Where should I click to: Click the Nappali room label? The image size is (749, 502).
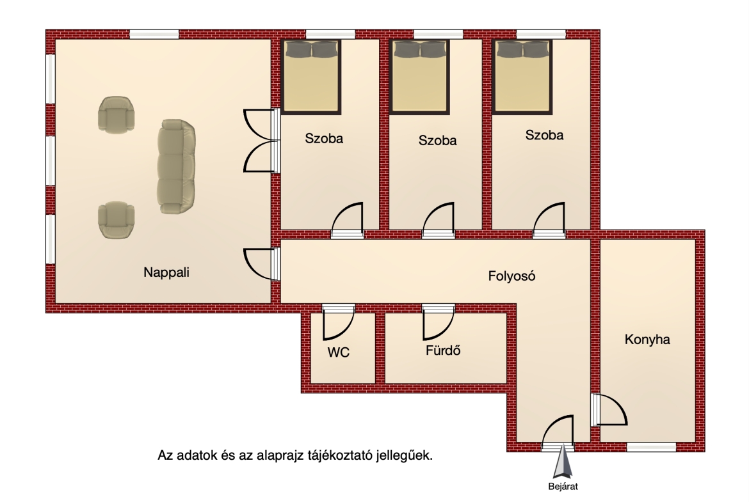click(x=166, y=272)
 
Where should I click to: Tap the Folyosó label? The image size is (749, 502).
click(x=511, y=276)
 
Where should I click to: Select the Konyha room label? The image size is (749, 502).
click(x=647, y=340)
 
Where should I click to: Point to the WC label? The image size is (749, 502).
click(x=338, y=352)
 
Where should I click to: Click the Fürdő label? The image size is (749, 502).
click(x=443, y=350)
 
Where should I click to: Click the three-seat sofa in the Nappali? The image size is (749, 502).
click(x=176, y=166)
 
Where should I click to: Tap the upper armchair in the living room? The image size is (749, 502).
click(x=116, y=114)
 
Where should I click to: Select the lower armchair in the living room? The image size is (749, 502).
click(x=116, y=219)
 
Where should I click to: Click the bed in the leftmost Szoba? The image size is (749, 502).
click(x=312, y=77)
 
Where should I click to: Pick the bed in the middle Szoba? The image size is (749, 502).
click(x=419, y=77)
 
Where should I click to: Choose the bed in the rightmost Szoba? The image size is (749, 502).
click(x=522, y=77)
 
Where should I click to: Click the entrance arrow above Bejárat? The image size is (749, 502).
click(x=563, y=462)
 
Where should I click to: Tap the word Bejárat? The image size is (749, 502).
click(x=563, y=487)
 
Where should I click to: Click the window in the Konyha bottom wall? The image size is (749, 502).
click(x=651, y=447)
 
